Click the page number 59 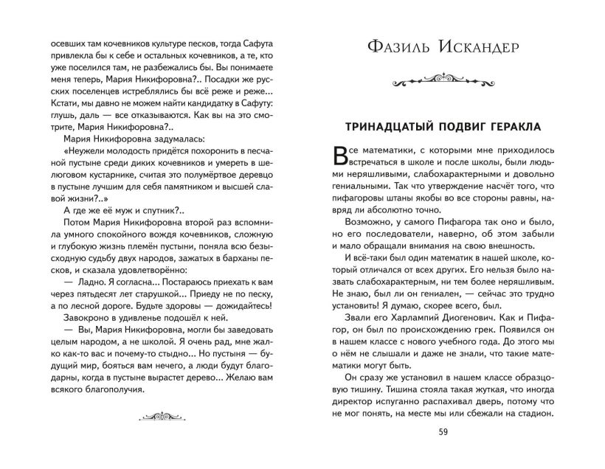[443, 432]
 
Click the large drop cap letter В [342, 155]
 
